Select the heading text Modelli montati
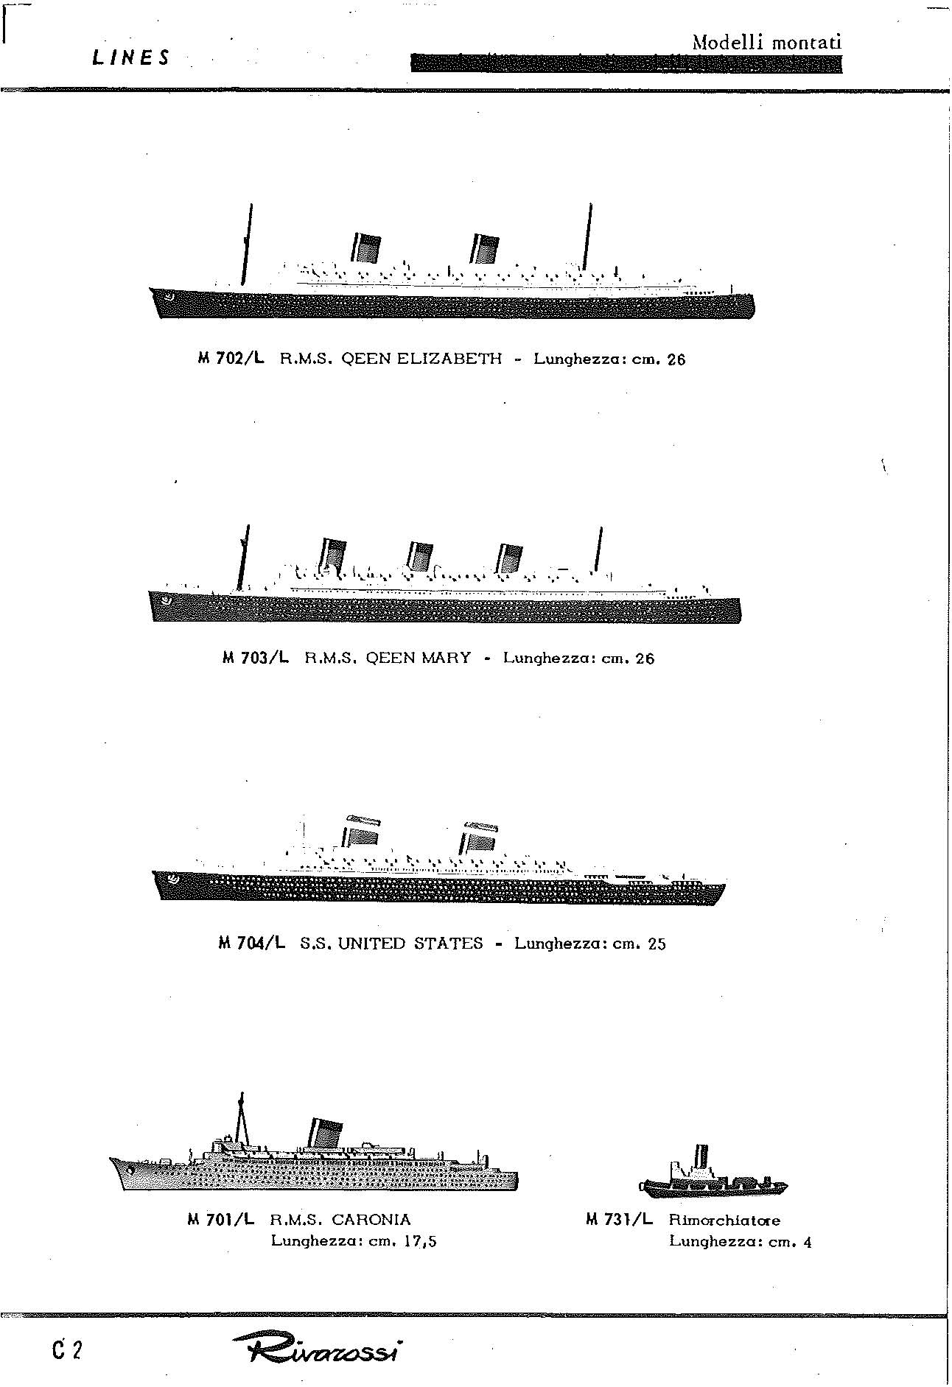766,42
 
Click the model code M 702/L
231,359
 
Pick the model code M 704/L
252,943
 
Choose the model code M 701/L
221,1219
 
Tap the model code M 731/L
619,1219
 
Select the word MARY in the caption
447,658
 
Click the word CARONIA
371,1220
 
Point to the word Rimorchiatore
724,1220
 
